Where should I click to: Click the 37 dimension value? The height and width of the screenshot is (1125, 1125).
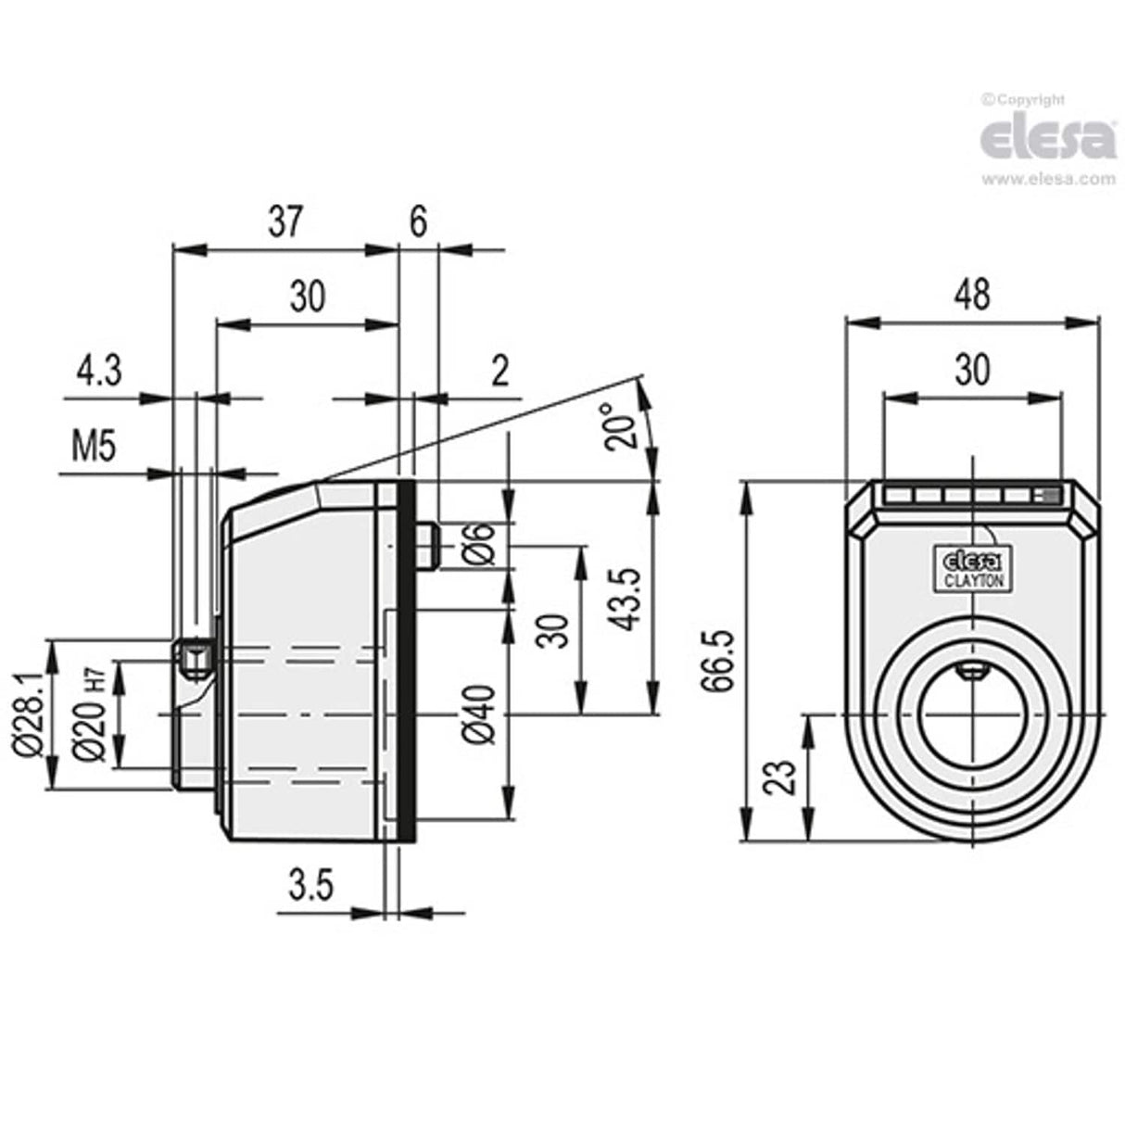pyautogui.click(x=285, y=223)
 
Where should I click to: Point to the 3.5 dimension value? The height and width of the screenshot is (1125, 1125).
pyautogui.click(x=310, y=887)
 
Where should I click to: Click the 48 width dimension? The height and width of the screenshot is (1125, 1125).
pyautogui.click(x=971, y=294)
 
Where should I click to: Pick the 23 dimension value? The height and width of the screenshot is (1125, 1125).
pyautogui.click(x=780, y=777)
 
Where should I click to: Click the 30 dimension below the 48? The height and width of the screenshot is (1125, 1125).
pyautogui.click(x=971, y=370)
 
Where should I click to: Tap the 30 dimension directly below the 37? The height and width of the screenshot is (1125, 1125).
pyautogui.click(x=308, y=297)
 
